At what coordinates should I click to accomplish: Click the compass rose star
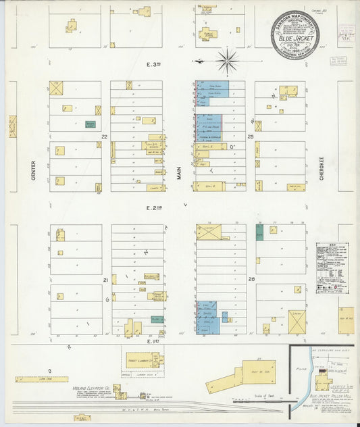228,61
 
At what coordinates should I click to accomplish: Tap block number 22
104,136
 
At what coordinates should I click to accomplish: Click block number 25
249,136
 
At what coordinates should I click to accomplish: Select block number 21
105,279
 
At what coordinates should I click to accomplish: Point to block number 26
249,279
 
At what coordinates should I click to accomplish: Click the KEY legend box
330,259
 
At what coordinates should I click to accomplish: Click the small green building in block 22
90,124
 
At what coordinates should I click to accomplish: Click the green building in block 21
157,318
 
